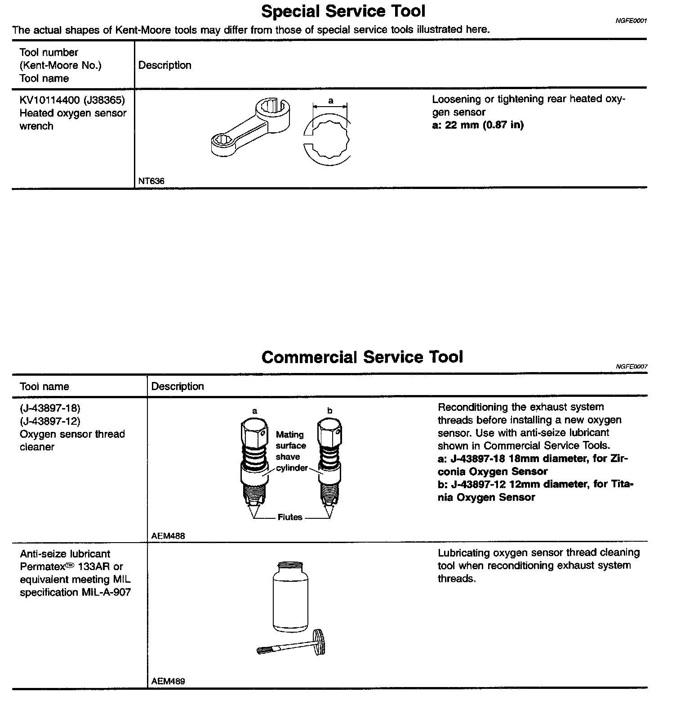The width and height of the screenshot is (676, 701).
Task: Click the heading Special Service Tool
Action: (343, 11)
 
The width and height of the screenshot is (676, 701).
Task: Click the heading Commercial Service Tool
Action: (362, 357)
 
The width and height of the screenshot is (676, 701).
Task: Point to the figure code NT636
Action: (151, 181)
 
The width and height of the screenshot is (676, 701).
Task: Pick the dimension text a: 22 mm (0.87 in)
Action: (478, 125)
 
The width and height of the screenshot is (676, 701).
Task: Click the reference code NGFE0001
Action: (631, 21)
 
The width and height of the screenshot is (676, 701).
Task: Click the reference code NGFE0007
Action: (632, 367)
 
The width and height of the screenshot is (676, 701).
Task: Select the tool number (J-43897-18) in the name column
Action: (50, 409)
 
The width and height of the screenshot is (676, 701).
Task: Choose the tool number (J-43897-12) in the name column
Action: (50, 422)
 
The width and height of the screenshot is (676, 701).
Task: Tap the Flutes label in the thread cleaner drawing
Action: (290, 517)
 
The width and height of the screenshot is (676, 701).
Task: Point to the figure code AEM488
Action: (168, 536)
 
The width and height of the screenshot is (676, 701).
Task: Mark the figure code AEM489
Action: (168, 681)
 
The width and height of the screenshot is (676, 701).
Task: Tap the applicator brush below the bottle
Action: (292, 643)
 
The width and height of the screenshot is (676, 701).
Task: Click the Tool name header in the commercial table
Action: (44, 387)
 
